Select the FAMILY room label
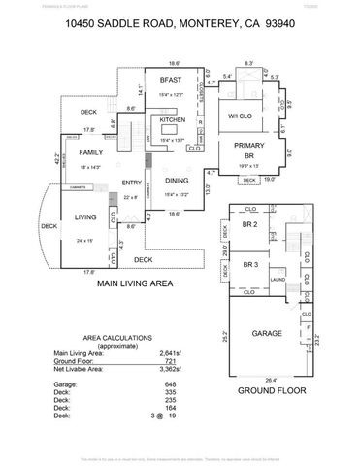[91, 153]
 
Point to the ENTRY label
[132, 183]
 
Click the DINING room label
[176, 181]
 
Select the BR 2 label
[250, 225]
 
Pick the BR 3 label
[250, 264]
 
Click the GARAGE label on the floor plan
[268, 333]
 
